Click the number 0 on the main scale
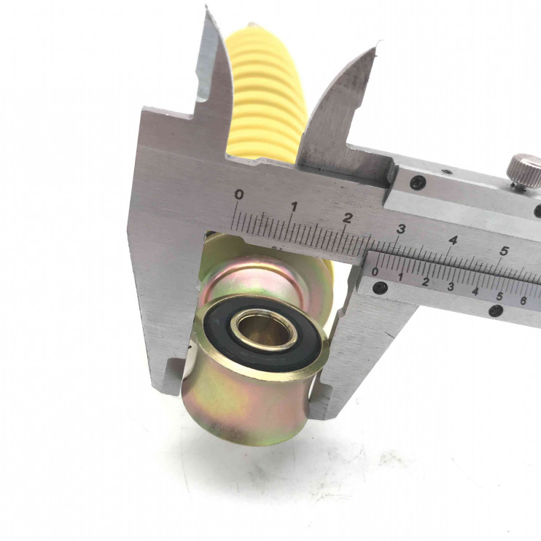(238, 195)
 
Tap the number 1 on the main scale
(294, 207)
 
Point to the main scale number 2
(348, 218)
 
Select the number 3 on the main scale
(400, 229)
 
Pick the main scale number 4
(453, 240)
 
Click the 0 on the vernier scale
(375, 272)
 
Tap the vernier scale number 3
(451, 287)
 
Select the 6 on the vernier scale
(524, 301)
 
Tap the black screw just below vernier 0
(381, 286)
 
